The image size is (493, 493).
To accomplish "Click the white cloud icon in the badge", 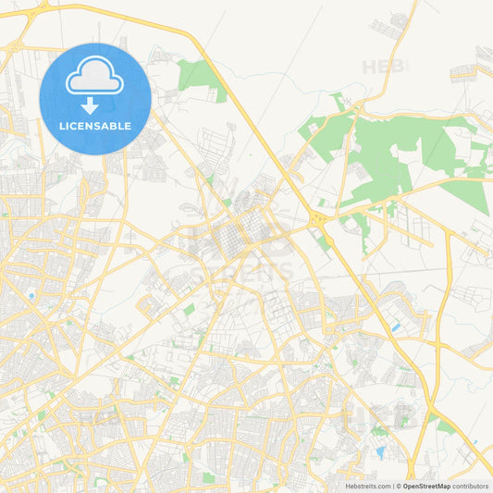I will coord(95,78).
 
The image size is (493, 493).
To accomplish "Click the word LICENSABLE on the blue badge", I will coord(95,126).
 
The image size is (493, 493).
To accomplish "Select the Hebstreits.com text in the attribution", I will coord(369,486).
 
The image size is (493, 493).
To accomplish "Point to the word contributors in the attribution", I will coord(471,486).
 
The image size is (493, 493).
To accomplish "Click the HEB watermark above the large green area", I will coord(385,67).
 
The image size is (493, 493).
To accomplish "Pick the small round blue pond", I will coord(31,296).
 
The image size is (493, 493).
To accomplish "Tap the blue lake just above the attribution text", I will coord(380,452).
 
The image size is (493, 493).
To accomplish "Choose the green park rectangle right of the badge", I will coord(200,75).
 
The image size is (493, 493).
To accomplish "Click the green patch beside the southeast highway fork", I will coord(444,425).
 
